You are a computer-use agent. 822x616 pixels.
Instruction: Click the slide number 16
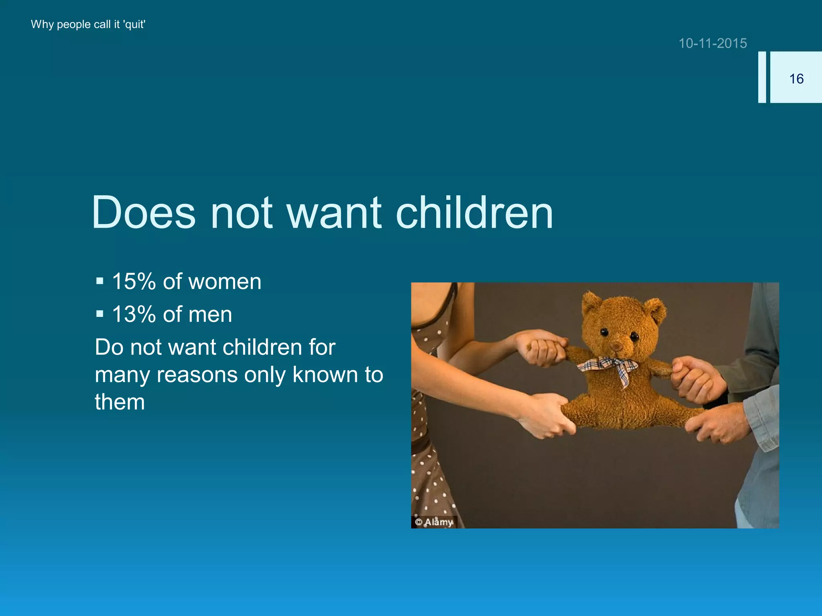tap(796, 79)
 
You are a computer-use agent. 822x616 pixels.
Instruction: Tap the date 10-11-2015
tap(712, 43)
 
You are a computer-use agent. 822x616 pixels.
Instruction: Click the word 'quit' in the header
tap(134, 24)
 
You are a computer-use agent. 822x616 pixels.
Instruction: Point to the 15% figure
tap(134, 282)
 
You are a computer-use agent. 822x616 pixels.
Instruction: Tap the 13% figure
tap(134, 314)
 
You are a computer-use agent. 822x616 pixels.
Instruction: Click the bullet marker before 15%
tap(100, 281)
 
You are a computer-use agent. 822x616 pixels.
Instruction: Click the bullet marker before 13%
tap(100, 313)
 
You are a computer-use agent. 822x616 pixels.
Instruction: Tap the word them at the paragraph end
tap(120, 402)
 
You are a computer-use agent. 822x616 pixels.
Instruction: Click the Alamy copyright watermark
tap(434, 522)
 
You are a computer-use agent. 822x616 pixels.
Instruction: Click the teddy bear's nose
tap(616, 345)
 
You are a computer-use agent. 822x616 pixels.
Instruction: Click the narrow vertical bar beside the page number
tap(762, 77)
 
